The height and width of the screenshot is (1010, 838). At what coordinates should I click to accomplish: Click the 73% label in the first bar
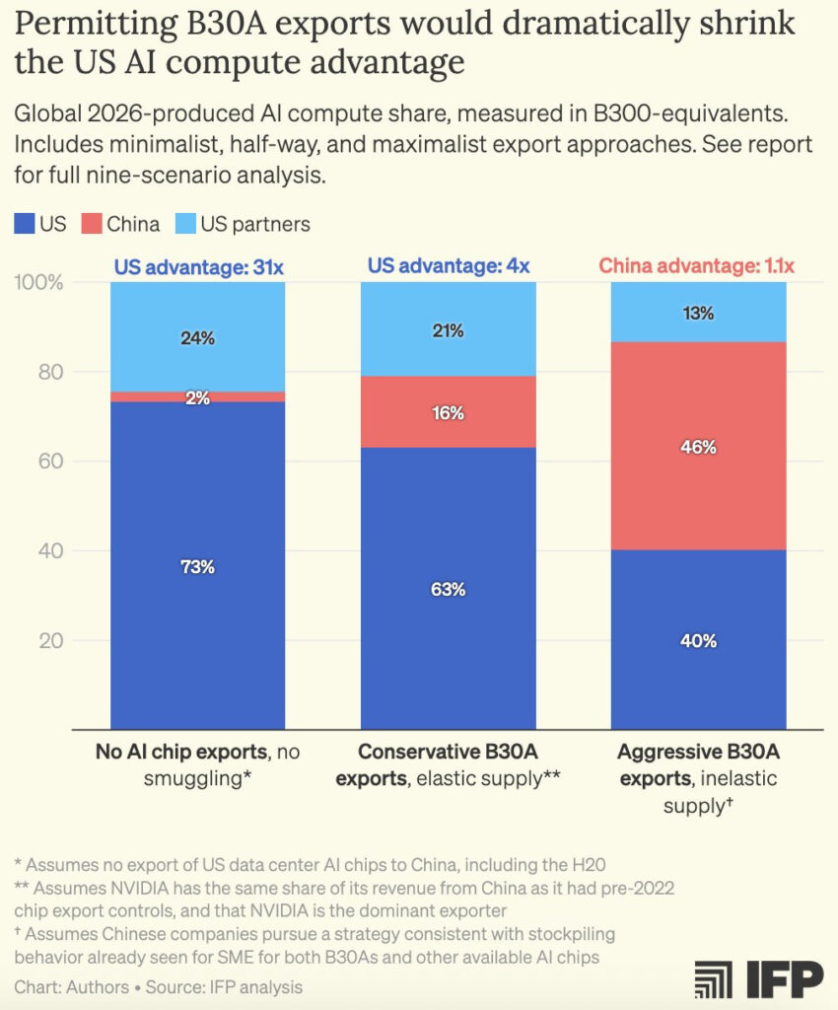click(197, 567)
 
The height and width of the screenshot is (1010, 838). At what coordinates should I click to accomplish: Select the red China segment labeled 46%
click(698, 446)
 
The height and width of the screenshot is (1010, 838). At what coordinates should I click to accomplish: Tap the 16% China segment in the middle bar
click(448, 412)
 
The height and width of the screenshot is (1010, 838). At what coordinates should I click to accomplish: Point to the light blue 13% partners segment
click(698, 313)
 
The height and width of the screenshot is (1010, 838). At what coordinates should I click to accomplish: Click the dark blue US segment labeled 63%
click(448, 589)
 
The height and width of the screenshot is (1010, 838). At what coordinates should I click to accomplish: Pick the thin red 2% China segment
click(197, 397)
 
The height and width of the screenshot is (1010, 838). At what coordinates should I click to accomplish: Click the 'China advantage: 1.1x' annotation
click(697, 266)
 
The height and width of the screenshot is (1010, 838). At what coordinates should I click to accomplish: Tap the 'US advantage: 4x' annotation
click(449, 266)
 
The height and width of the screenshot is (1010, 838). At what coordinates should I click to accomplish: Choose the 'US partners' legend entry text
click(255, 224)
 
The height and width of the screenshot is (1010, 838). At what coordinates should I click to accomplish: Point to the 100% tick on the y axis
click(39, 283)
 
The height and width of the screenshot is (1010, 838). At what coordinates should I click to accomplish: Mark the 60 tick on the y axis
click(51, 462)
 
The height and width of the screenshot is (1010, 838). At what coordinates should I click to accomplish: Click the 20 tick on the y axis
click(51, 640)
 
